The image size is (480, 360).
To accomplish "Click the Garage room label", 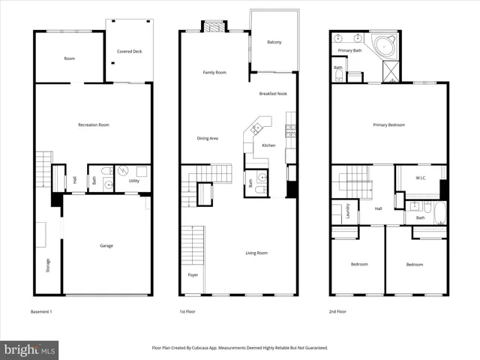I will coord(106,245).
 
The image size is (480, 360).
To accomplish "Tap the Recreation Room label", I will coord(94,124).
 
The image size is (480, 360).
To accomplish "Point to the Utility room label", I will coord(134,181).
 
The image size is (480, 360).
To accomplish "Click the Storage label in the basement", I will coord(47,265).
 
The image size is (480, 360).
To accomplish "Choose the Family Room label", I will coord(214,73).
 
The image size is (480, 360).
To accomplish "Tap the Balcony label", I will coord(274,42).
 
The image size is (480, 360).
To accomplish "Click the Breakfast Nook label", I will coord(274,94).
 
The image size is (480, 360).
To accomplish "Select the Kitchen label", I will coord(268,145).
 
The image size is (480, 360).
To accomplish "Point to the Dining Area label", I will coord(207,138).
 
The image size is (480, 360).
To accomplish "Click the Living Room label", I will coord(256,253).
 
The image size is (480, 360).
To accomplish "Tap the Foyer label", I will coord(193,275).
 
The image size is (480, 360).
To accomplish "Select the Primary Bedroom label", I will coord(388,124).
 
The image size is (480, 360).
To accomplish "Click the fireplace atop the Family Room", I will coord(214,26).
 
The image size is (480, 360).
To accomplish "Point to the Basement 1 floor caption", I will coord(41,311).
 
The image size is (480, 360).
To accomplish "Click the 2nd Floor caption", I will coord(337,311).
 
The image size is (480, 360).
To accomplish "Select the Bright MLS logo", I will coord(30,349).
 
